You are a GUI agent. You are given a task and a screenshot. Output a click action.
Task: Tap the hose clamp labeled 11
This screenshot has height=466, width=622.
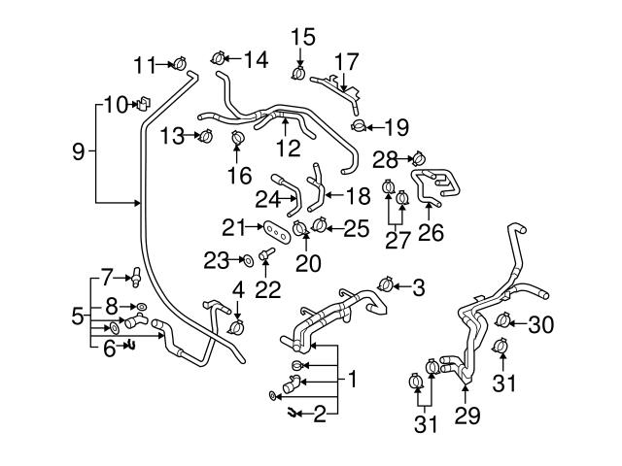(179, 65)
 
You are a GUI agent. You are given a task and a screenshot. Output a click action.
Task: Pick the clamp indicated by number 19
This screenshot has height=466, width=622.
(360, 126)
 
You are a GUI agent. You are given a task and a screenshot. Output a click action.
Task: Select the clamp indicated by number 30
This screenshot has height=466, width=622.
(503, 320)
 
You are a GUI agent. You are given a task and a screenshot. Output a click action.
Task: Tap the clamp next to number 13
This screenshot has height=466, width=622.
(204, 137)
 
